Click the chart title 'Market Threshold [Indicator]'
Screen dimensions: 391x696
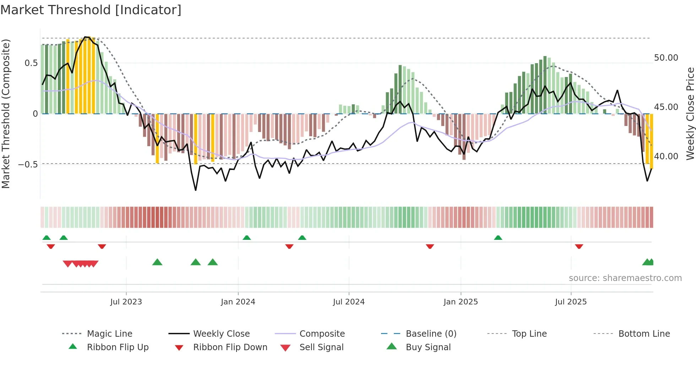coord(91,10)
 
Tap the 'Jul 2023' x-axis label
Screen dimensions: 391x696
coord(126,302)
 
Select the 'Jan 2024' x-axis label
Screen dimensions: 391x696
coord(238,302)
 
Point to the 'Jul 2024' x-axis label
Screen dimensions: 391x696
coord(349,302)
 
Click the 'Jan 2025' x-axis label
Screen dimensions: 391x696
coord(461,302)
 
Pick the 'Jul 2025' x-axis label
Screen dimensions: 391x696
coord(571,302)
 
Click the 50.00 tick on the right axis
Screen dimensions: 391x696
coord(666,58)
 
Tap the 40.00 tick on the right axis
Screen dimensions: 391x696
coord(666,156)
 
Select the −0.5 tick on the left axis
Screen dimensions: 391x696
coord(28,165)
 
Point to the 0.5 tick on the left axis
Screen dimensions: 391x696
coord(31,63)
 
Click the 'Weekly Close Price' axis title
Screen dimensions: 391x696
coord(690,114)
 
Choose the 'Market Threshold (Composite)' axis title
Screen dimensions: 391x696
coord(6,114)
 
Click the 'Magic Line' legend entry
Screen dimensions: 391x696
coord(109,334)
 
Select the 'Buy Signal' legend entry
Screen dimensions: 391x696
coord(428,347)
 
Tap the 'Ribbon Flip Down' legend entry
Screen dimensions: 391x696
coord(230,347)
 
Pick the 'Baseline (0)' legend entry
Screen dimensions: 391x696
coord(431,334)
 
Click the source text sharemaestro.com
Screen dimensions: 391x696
coord(625,278)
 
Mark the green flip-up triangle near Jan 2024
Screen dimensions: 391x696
coord(247,238)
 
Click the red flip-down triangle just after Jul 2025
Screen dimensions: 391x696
coord(579,246)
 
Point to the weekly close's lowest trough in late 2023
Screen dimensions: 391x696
coord(196,190)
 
